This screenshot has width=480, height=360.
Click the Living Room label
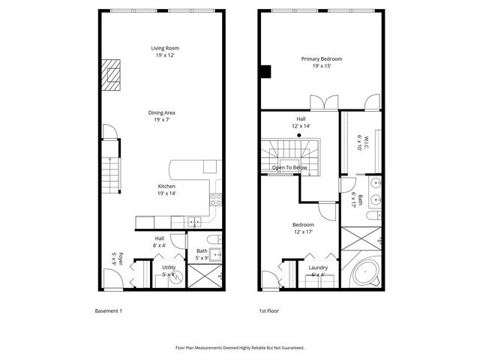165,52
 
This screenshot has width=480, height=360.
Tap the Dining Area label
165,115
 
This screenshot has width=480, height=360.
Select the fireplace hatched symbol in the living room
112,75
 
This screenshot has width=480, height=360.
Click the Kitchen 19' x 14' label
166,190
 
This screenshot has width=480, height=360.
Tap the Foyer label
114,259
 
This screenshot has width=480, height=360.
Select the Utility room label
169,271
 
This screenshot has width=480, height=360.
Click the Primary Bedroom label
322,62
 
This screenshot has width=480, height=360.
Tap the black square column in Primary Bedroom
265,72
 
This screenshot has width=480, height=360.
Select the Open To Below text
289,168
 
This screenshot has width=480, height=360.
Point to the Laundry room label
317,271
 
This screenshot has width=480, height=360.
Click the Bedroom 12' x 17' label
303,228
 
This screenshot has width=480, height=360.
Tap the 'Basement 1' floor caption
108,310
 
